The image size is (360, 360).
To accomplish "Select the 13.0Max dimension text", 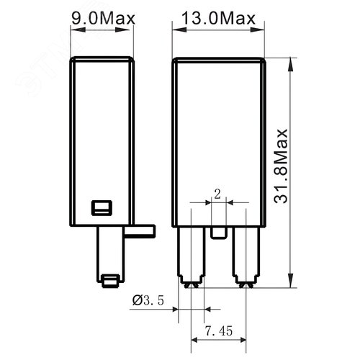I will pyautogui.click(x=218, y=17).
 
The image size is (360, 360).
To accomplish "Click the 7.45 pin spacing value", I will pyautogui.click(x=217, y=331).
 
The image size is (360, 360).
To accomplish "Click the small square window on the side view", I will pyautogui.click(x=99, y=208).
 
